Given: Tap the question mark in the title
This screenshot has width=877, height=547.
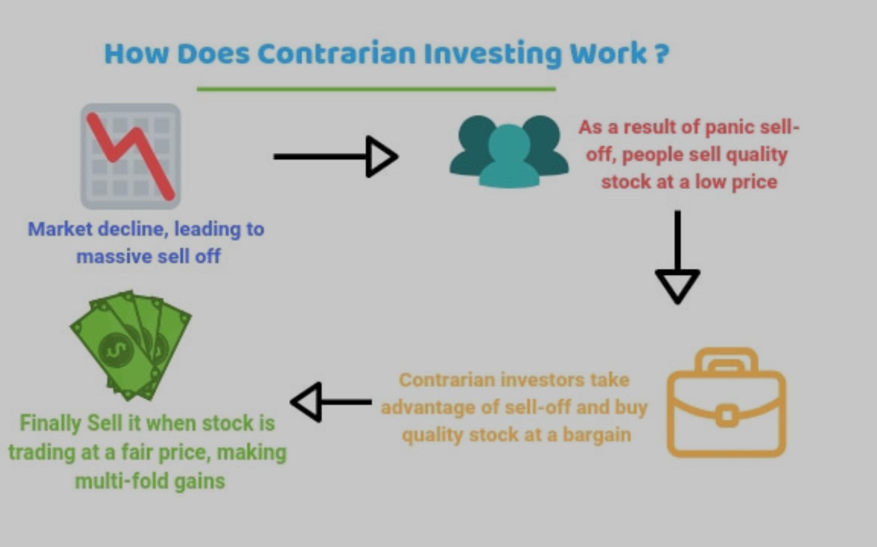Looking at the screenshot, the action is (x=662, y=54).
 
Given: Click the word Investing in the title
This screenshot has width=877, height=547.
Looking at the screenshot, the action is (x=493, y=54).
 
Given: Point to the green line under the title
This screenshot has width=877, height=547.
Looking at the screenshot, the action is (x=376, y=89).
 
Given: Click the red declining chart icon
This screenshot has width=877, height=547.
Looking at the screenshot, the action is (x=130, y=156).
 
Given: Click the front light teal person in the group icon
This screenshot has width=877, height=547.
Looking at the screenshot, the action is (x=509, y=156).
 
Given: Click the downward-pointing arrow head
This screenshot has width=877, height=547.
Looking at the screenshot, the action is (x=677, y=286).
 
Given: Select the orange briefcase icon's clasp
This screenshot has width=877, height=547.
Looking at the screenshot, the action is (x=727, y=416).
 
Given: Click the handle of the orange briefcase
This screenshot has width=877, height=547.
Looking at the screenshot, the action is (x=726, y=360).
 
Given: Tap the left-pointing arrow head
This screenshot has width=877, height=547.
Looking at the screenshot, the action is (x=306, y=402).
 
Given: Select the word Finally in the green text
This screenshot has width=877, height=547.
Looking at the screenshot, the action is (x=50, y=424).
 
